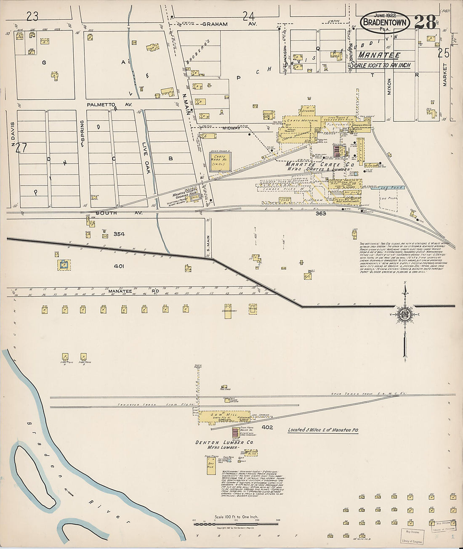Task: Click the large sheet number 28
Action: point(425,22)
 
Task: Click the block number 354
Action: point(120,234)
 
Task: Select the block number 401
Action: point(119,266)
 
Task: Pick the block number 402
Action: point(267,427)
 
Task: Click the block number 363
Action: point(321,213)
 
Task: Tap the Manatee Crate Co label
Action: point(320,164)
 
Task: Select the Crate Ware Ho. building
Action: point(220,162)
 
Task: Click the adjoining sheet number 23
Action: point(32,16)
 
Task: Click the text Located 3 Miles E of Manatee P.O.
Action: point(322,430)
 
